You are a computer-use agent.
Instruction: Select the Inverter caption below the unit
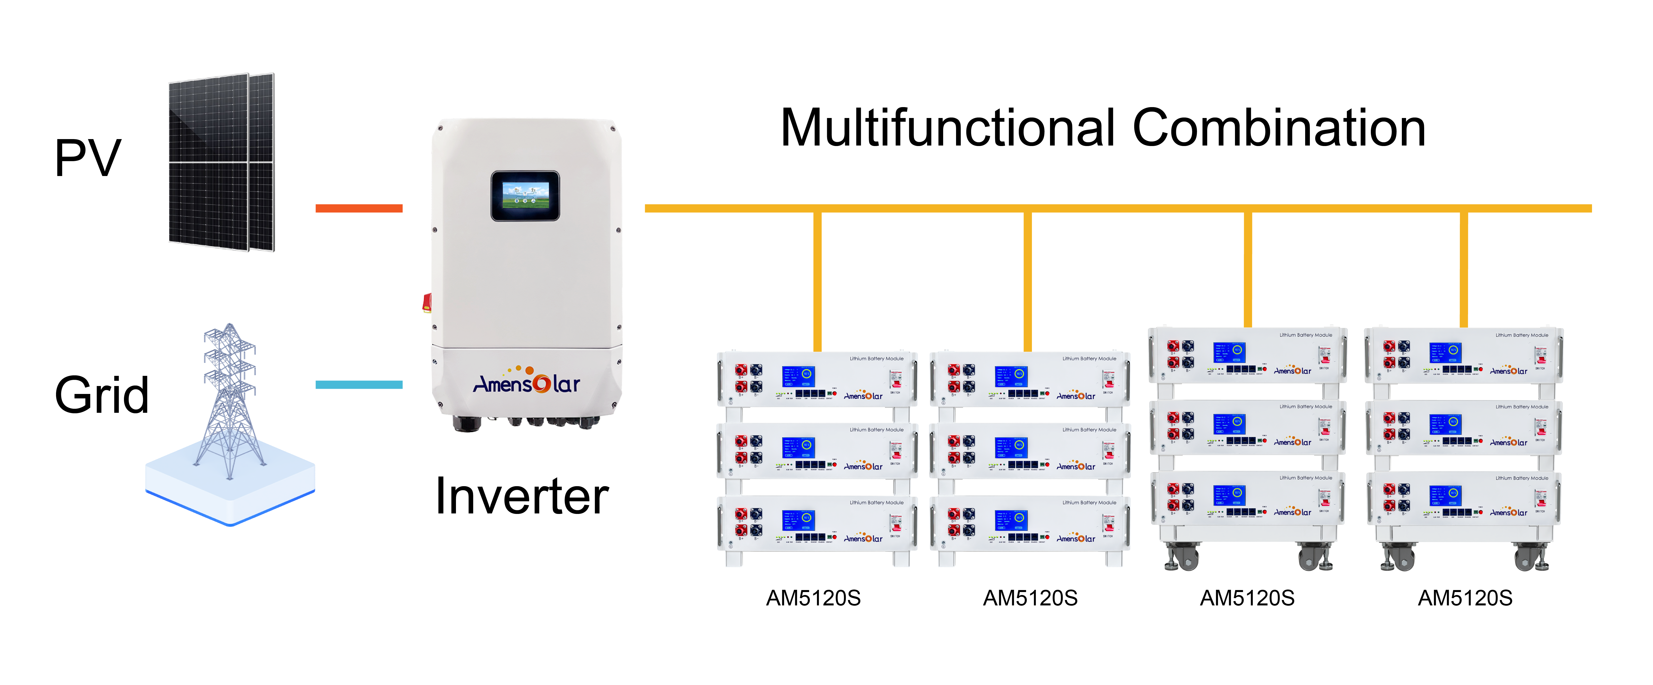pos(522,496)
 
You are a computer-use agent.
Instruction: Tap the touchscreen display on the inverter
pos(525,196)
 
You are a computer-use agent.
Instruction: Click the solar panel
pos(221,162)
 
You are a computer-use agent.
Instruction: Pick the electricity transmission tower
pos(230,401)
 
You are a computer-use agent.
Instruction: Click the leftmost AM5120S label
pos(813,598)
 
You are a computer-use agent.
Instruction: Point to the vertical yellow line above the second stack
pos(1027,282)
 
